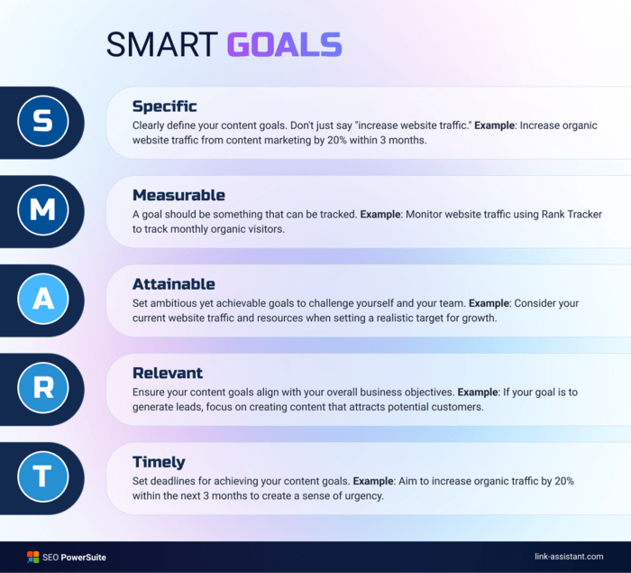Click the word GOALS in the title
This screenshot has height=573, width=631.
pos(285,44)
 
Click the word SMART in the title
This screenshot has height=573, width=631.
pos(161,44)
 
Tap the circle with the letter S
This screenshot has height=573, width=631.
pos(43,121)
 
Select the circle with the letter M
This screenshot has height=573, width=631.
pos(43,209)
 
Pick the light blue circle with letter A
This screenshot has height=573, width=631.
pos(43,299)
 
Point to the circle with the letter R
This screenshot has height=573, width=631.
pos(43,388)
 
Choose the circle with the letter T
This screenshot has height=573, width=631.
pos(43,476)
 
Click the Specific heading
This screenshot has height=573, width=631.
pos(165,106)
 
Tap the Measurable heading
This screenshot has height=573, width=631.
pos(178,195)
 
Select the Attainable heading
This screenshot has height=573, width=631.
pos(174,284)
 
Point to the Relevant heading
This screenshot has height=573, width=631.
pos(168,374)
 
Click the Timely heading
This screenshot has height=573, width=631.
pos(159,463)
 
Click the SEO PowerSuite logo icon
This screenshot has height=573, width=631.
pos(32,558)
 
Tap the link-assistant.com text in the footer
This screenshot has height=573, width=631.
pos(569,557)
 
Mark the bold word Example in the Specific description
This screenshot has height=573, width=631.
pos(495,125)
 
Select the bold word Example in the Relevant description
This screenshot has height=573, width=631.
pos(478,392)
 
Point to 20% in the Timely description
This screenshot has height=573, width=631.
pos(564,481)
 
